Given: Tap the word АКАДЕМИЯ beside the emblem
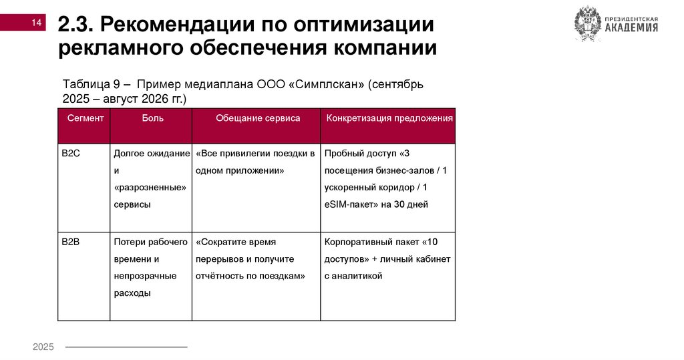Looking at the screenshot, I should pos(631,28).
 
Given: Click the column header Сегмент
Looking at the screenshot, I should pos(85,118).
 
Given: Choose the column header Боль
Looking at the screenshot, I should pos(152,118).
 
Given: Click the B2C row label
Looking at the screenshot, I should pos(71,154).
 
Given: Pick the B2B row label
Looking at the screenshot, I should pos(71,241).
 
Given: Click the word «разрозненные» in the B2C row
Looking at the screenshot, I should pos(149,188).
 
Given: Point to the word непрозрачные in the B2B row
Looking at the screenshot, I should pos(145,275).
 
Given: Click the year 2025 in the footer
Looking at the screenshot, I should pos(43,347).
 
